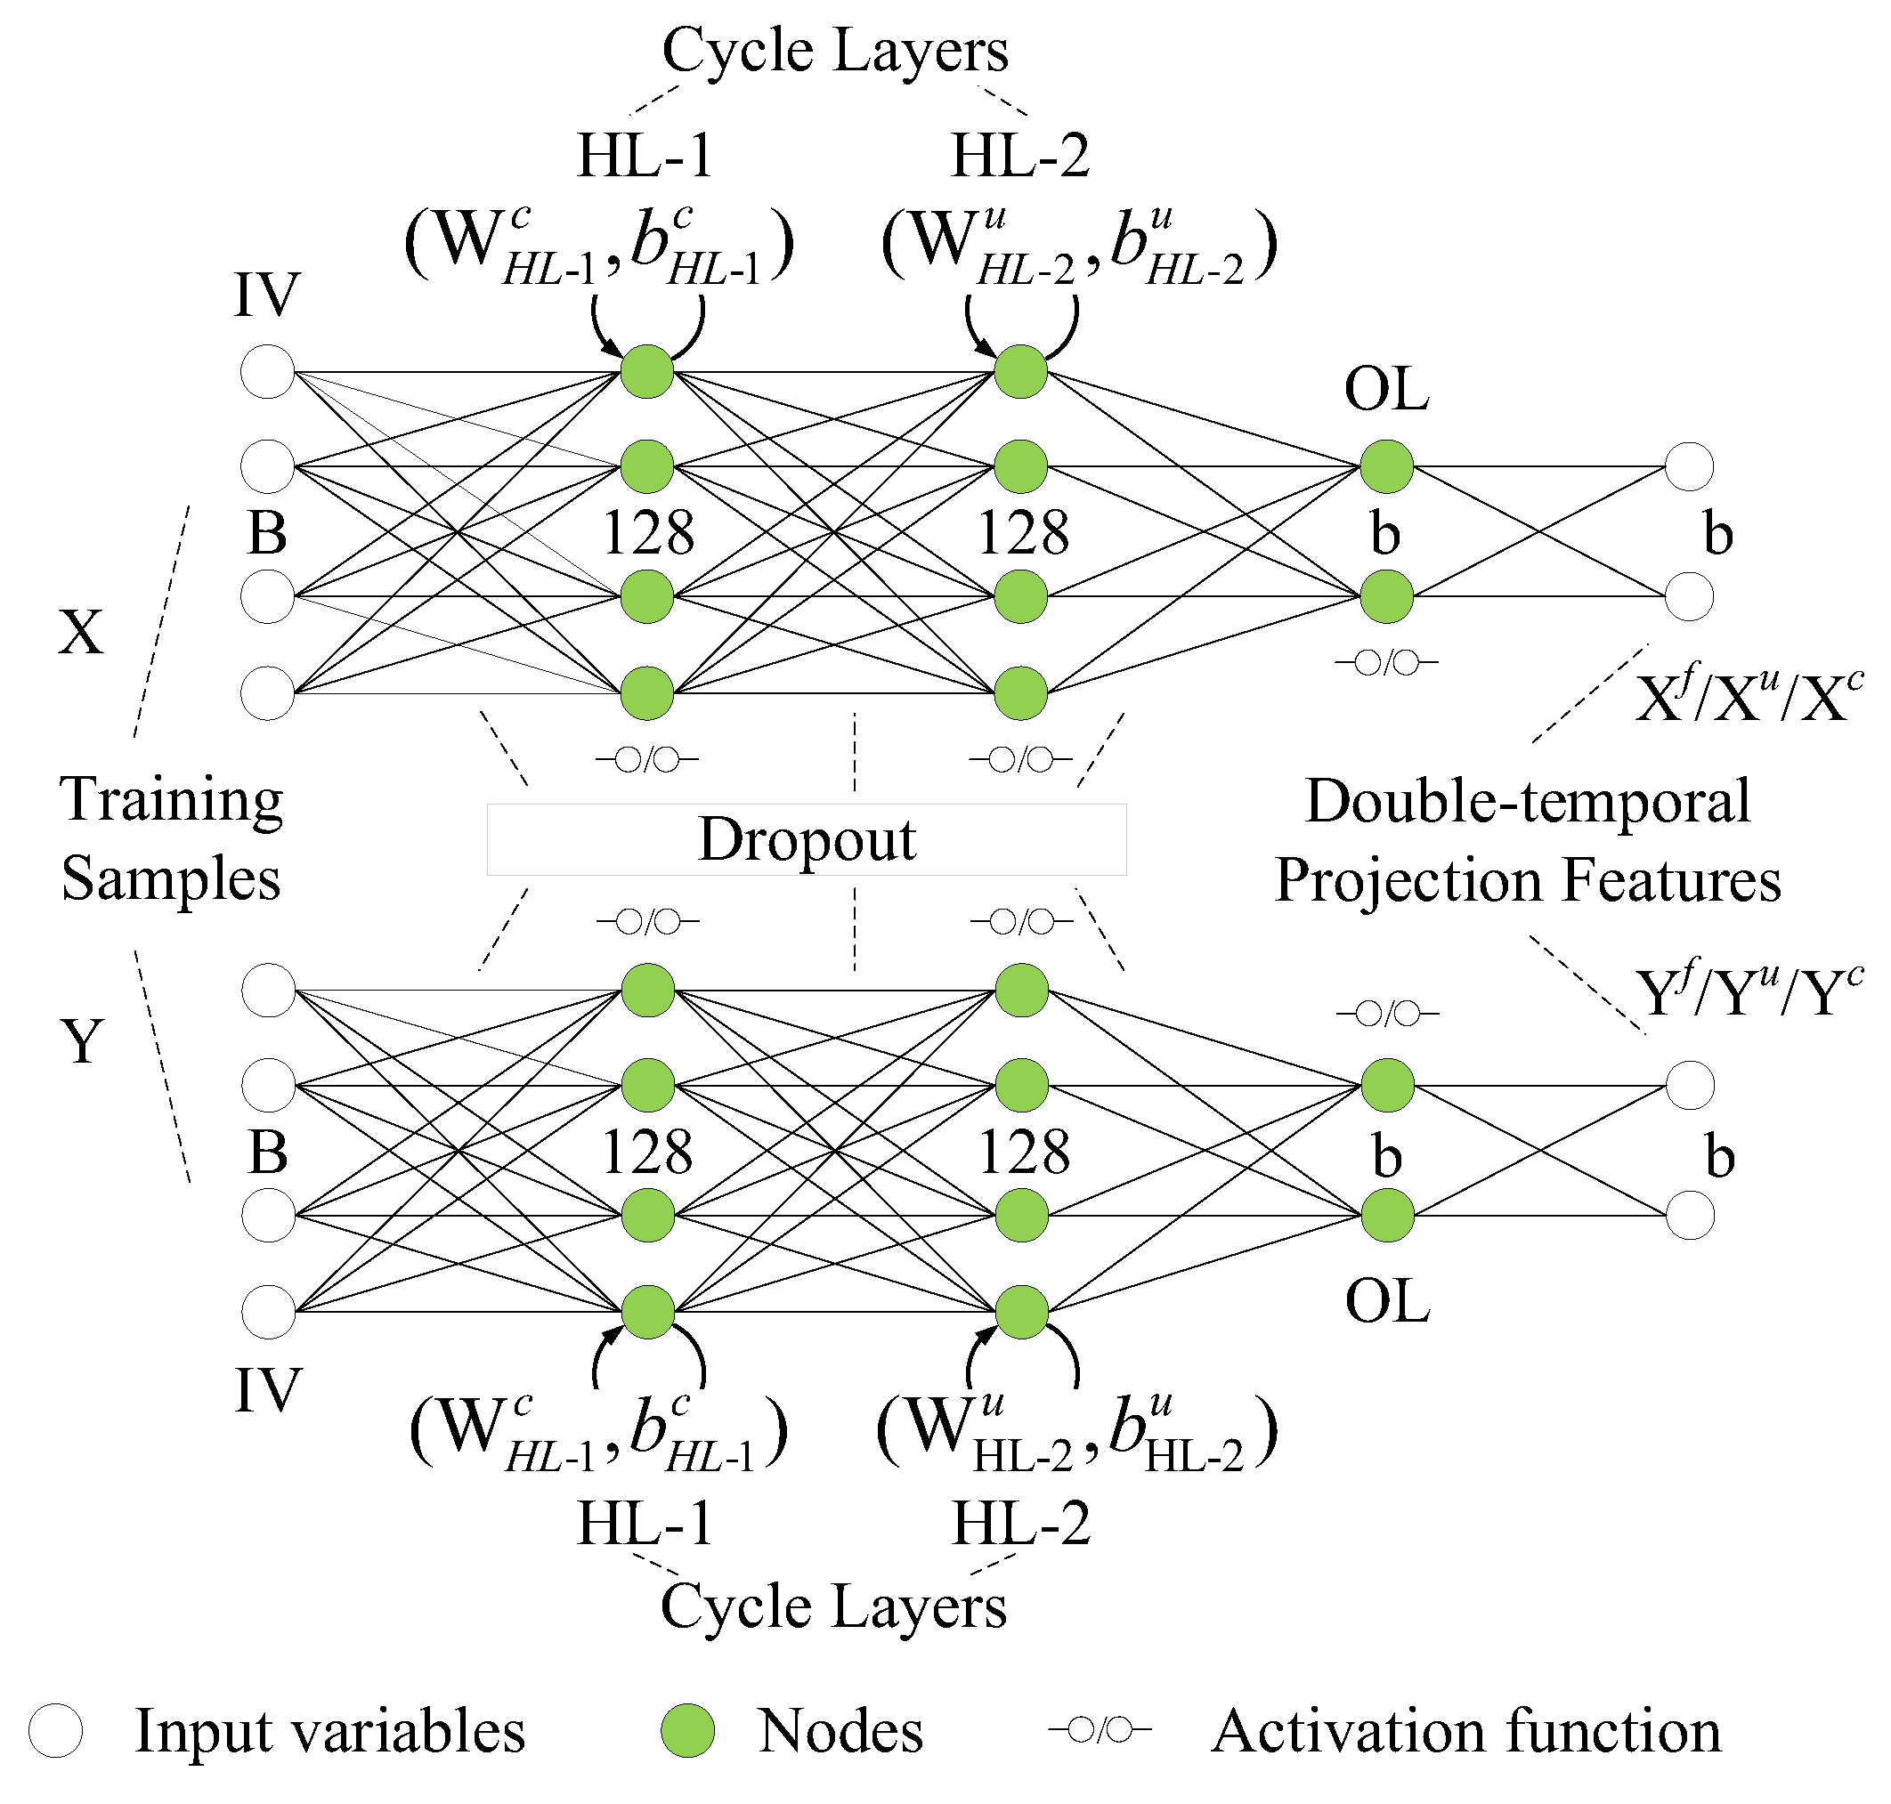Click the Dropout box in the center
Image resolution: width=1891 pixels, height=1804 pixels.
point(806,839)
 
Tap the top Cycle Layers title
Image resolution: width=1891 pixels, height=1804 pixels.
point(835,50)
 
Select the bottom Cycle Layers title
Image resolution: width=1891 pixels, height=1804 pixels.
point(833,1606)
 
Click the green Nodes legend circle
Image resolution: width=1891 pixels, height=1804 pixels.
point(687,1730)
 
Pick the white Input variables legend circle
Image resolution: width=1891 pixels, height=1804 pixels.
point(55,1730)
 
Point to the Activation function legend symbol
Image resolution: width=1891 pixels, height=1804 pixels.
point(1100,1730)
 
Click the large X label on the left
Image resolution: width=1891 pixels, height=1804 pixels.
point(81,633)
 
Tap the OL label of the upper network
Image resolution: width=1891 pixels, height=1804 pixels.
point(1386,390)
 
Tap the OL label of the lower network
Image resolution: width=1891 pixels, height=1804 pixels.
point(1387,1302)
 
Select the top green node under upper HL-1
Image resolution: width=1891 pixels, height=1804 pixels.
point(646,371)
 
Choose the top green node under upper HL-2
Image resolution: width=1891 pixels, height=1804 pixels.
point(1020,371)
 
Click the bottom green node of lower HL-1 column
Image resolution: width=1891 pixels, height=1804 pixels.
point(647,1312)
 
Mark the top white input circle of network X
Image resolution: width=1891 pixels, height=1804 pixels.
point(267,371)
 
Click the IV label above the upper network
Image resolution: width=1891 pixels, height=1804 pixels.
point(267,295)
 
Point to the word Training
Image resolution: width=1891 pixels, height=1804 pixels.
point(171,799)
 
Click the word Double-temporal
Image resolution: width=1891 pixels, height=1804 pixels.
point(1528,801)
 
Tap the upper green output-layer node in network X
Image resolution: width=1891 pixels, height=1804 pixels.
point(1386,466)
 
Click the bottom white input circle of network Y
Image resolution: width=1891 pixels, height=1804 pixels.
point(268,1312)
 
